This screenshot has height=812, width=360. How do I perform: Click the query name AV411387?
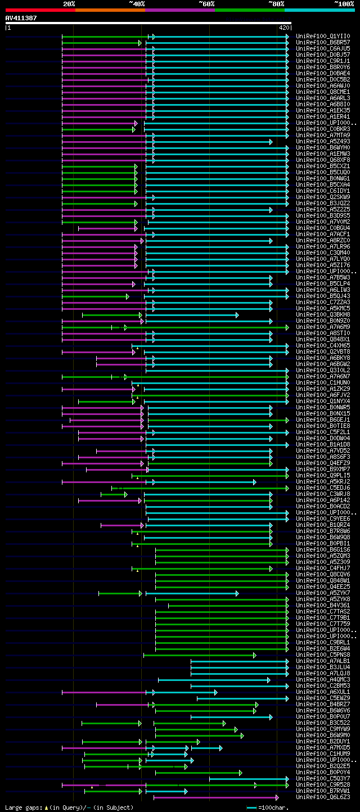coord(21,18)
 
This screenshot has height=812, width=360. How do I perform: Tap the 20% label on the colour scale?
coord(69,3)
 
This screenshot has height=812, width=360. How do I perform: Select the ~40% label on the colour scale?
coord(137,3)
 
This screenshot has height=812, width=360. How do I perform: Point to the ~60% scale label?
coord(206,3)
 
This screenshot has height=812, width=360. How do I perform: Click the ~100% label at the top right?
coord(344,3)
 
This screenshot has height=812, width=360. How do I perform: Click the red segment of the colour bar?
coord(40,10)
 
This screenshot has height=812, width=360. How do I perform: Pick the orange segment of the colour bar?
coord(110,10)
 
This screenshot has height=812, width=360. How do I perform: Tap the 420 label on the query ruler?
coord(283,27)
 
